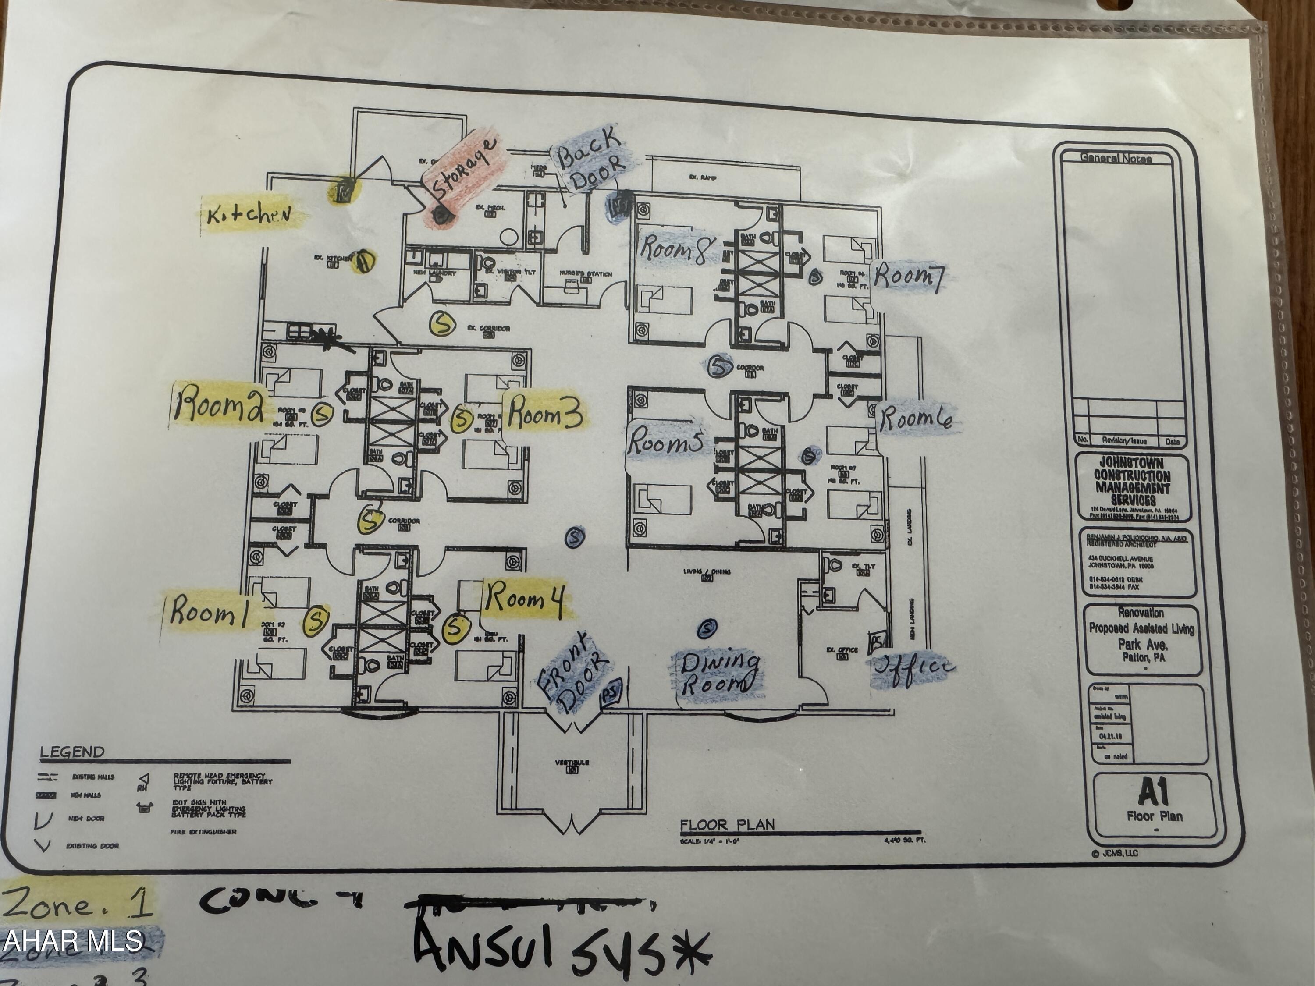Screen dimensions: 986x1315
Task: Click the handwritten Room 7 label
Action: pyautogui.click(x=908, y=277)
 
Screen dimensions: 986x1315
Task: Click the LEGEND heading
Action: pyautogui.click(x=72, y=752)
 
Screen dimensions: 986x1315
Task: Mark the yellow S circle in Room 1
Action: pyautogui.click(x=316, y=620)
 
